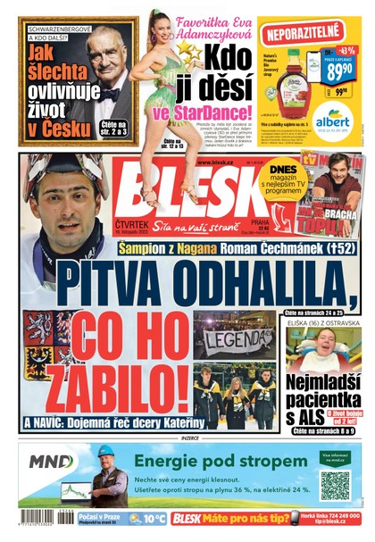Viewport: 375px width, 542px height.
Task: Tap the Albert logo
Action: (332, 120)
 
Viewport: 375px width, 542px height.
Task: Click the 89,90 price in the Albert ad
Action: (338, 69)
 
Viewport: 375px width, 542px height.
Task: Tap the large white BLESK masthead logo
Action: (178, 196)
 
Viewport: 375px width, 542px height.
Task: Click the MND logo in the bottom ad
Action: (51, 462)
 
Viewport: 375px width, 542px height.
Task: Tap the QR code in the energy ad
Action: (335, 486)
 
